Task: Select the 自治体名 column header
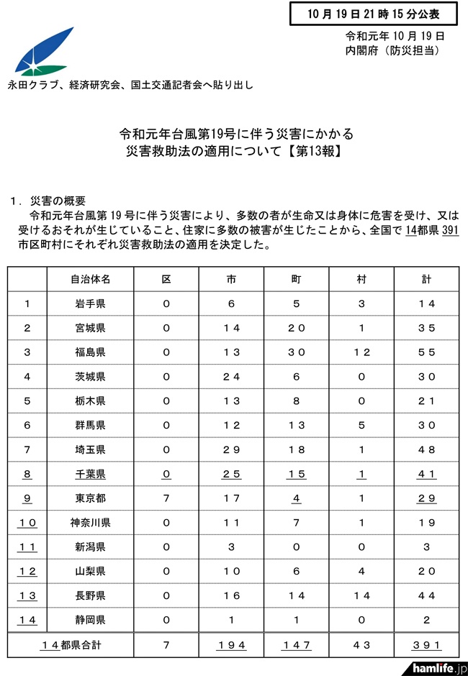91,278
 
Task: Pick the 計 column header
427,278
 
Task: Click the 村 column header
362,278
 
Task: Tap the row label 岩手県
91,303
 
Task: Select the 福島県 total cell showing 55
427,352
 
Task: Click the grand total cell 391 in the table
427,645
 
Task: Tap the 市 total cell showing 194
232,645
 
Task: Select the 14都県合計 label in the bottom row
76,645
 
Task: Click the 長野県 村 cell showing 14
362,596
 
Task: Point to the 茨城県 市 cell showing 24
232,377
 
